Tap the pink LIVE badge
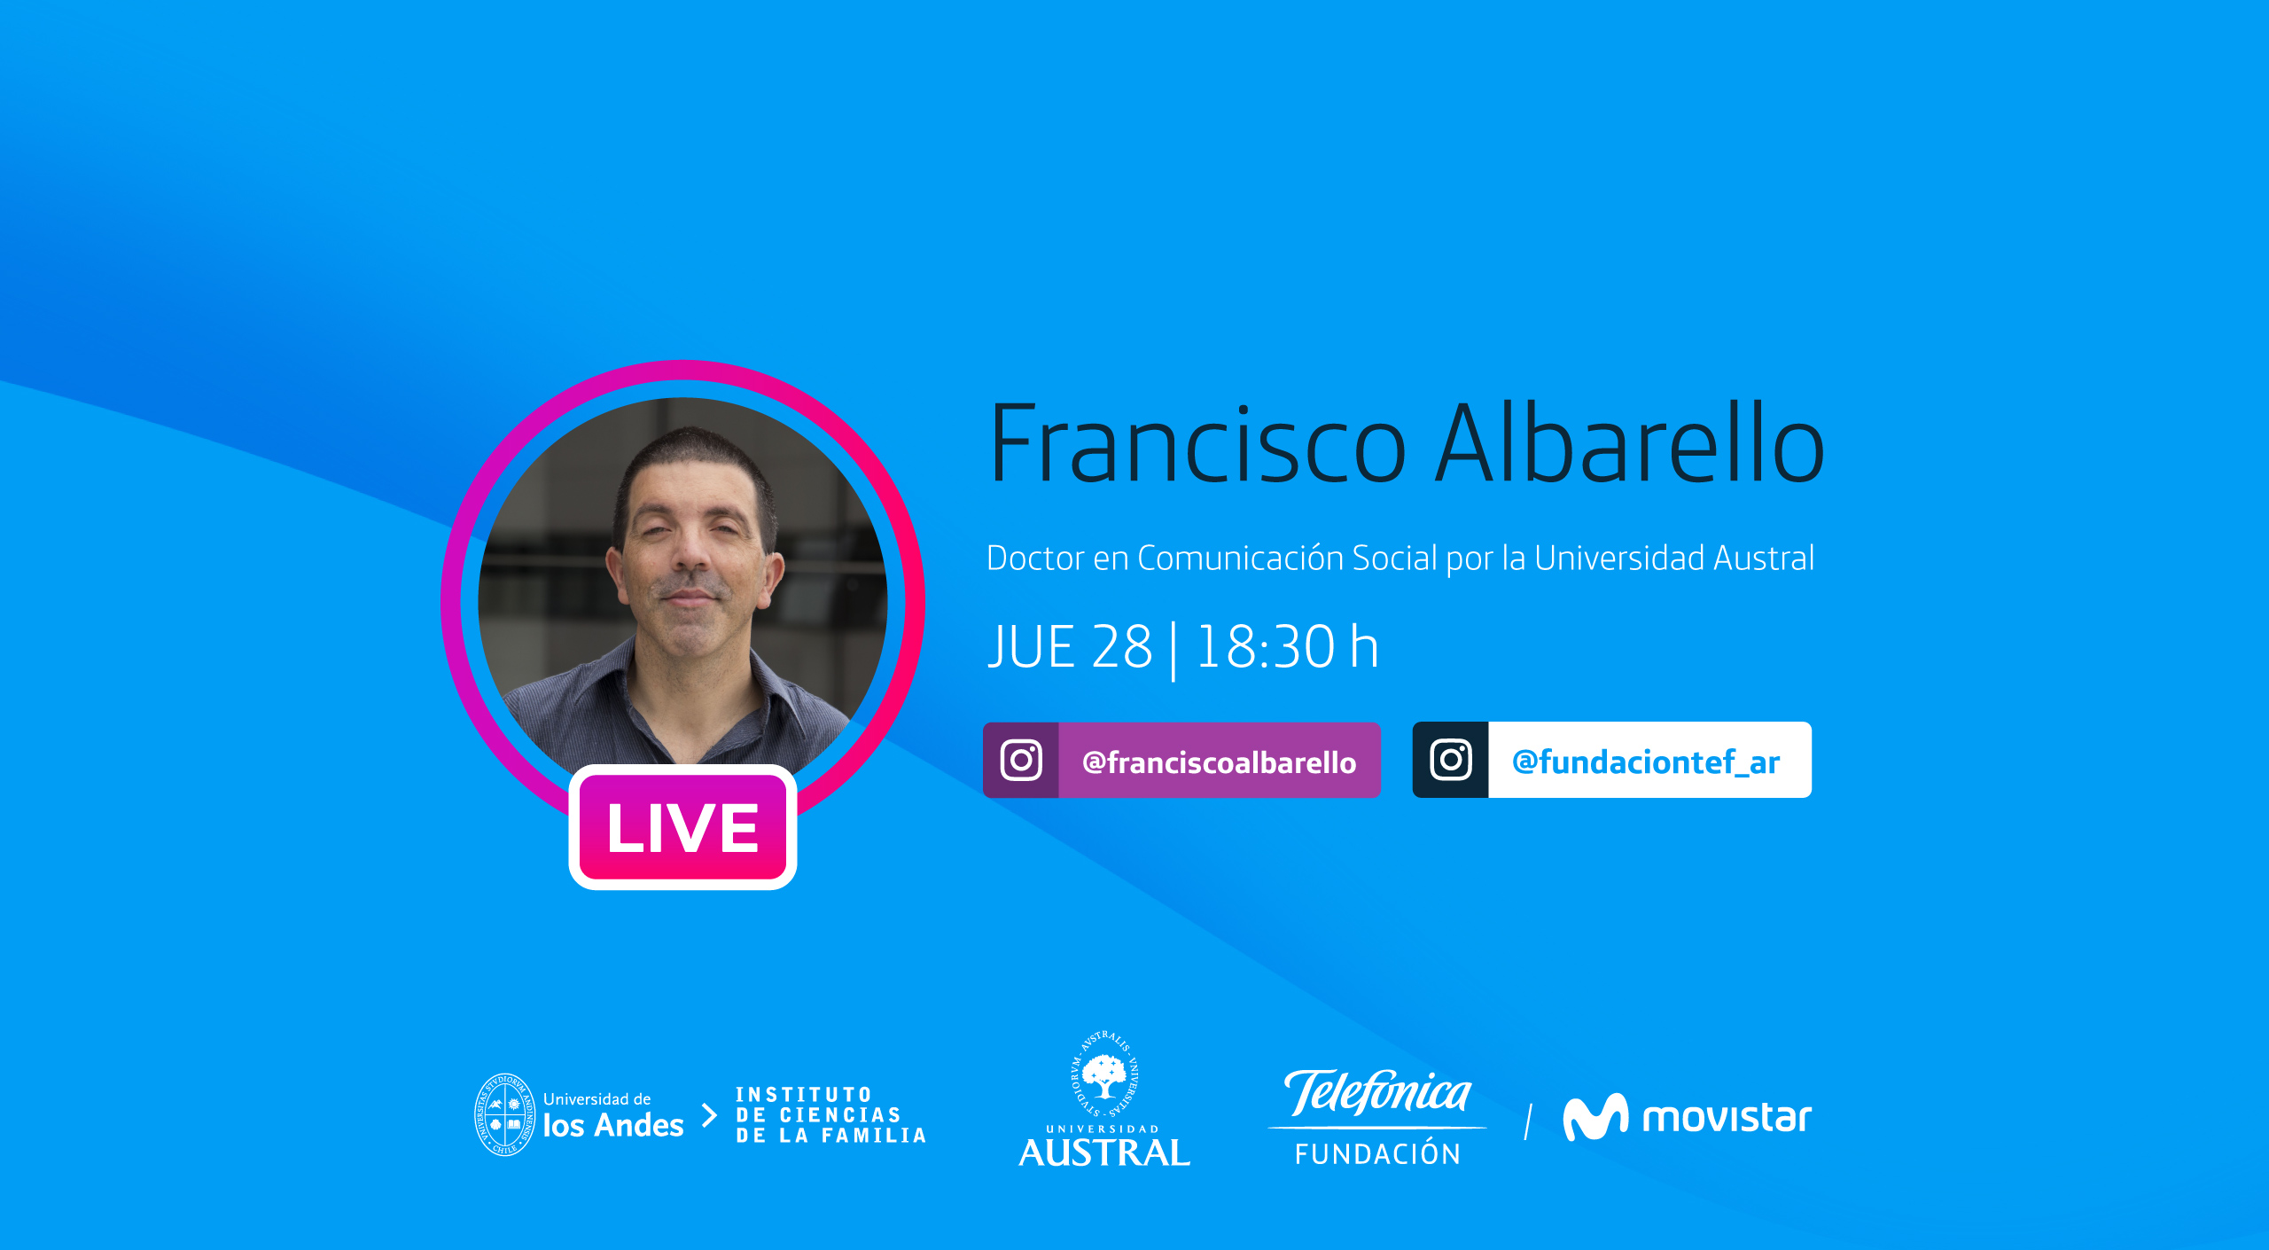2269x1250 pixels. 682,827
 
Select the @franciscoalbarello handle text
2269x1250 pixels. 1219,762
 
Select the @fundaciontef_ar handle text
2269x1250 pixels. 1646,762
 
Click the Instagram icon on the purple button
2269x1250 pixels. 1021,760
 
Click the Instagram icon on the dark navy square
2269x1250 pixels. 1451,760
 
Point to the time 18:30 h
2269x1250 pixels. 1288,646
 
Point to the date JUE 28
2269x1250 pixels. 1070,646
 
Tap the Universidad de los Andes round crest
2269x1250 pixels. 504,1114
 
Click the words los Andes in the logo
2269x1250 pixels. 613,1125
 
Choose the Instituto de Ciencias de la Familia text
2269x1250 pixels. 830,1115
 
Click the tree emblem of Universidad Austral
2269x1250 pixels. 1104,1074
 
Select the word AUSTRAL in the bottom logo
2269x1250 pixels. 1104,1152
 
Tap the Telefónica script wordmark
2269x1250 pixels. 1377,1092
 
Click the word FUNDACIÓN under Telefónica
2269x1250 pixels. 1377,1153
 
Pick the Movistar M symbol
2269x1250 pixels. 1595,1117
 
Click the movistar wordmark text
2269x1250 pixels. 1727,1118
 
